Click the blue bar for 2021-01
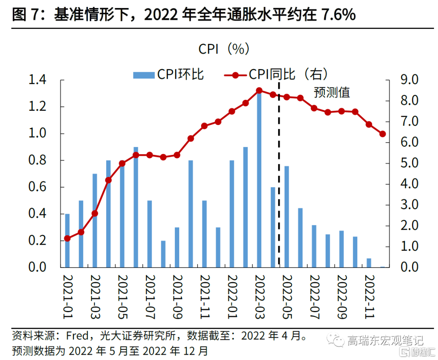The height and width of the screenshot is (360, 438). tap(67, 241)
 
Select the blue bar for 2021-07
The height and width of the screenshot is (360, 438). tap(149, 234)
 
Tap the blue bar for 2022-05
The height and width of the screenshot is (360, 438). tap(286, 217)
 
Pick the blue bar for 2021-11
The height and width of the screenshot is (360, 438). tap(204, 234)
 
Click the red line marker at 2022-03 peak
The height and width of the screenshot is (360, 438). tap(259, 91)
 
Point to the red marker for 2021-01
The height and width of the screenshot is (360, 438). tap(67, 238)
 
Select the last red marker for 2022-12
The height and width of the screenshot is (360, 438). tap(382, 134)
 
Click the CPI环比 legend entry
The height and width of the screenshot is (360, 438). tap(169, 74)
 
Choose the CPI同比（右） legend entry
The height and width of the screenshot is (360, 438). tap(276, 74)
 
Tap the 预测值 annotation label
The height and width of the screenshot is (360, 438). tap(331, 92)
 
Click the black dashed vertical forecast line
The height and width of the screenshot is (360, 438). tap(279, 183)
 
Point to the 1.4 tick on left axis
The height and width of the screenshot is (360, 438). tap(38, 80)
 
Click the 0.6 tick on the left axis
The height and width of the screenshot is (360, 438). tap(38, 187)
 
